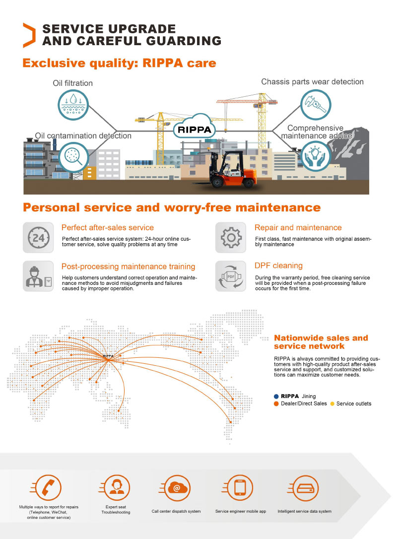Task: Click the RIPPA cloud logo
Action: click(x=194, y=130)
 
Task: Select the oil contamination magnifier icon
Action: click(x=73, y=157)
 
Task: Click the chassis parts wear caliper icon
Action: click(x=316, y=106)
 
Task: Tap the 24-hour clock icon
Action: click(x=38, y=238)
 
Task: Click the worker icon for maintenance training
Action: click(x=38, y=276)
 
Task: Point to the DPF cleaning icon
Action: click(x=231, y=276)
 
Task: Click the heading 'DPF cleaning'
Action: click(x=278, y=266)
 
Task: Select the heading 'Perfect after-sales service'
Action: click(x=108, y=228)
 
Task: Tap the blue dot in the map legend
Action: click(x=276, y=397)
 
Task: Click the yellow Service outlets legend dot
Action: click(x=332, y=404)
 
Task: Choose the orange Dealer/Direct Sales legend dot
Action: click(x=276, y=404)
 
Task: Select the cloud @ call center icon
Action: click(x=176, y=487)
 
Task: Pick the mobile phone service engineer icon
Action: click(x=240, y=487)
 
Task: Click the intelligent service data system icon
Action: click(x=304, y=487)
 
